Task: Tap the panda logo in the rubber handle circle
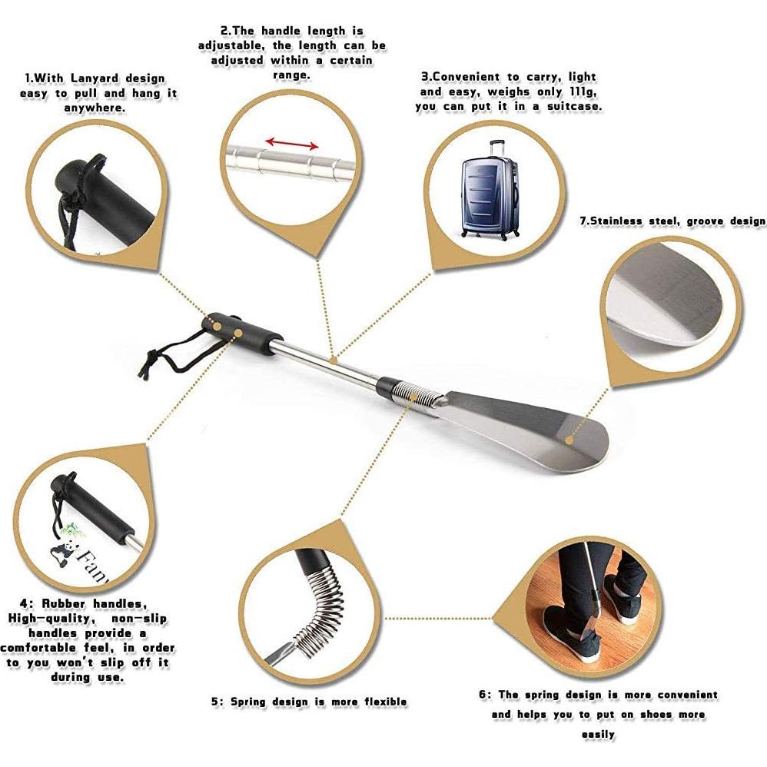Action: click(65, 549)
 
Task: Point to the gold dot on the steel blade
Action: click(569, 440)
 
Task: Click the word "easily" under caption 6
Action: click(597, 735)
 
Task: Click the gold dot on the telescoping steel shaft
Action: click(333, 358)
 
